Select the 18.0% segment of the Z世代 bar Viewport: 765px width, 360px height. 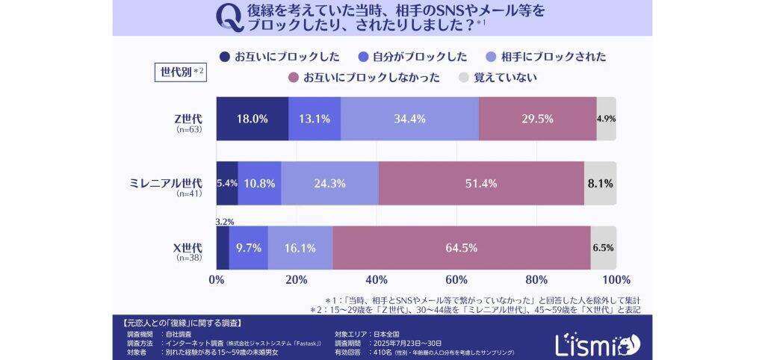pyautogui.click(x=253, y=119)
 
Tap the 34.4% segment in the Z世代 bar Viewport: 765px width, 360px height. pyautogui.click(x=409, y=119)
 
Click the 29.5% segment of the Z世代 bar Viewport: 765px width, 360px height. pyautogui.click(x=537, y=119)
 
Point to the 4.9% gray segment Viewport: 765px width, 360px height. pyautogui.click(x=606, y=119)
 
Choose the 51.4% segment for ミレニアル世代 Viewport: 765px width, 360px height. pyautogui.click(x=481, y=183)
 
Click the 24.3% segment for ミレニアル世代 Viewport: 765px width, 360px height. pyautogui.click(x=329, y=183)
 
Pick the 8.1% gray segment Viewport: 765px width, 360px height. pyautogui.click(x=600, y=183)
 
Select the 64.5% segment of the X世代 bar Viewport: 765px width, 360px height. pyautogui.click(x=462, y=247)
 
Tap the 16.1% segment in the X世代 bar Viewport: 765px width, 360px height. pyautogui.click(x=300, y=247)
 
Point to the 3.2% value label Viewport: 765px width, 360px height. pyautogui.click(x=224, y=221)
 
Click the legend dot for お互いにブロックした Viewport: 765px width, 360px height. pyautogui.click(x=224, y=57)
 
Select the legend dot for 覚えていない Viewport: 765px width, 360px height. pyautogui.click(x=463, y=77)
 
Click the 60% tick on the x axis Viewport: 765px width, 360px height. pyautogui.click(x=456, y=280)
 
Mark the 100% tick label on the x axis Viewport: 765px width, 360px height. pyautogui.click(x=616, y=280)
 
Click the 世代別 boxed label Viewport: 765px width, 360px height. pyautogui.click(x=179, y=72)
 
